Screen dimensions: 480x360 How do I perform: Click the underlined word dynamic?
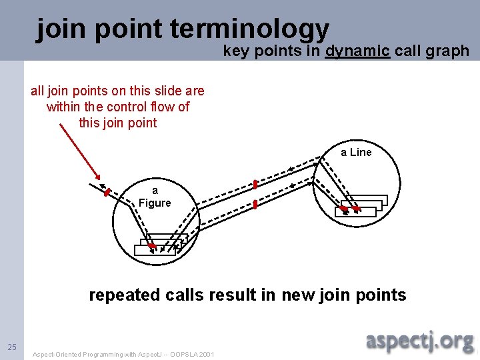pyautogui.click(x=357, y=51)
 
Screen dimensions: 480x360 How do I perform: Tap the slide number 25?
pyautogui.click(x=12, y=347)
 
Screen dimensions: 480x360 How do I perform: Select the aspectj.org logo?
pyautogui.click(x=420, y=342)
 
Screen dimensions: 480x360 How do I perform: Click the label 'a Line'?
pyautogui.click(x=356, y=153)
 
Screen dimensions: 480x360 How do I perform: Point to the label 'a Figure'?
pyautogui.click(x=155, y=197)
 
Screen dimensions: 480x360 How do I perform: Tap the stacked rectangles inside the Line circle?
pyautogui.click(x=362, y=205)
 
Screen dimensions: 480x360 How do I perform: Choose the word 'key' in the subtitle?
pyautogui.click(x=235, y=51)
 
